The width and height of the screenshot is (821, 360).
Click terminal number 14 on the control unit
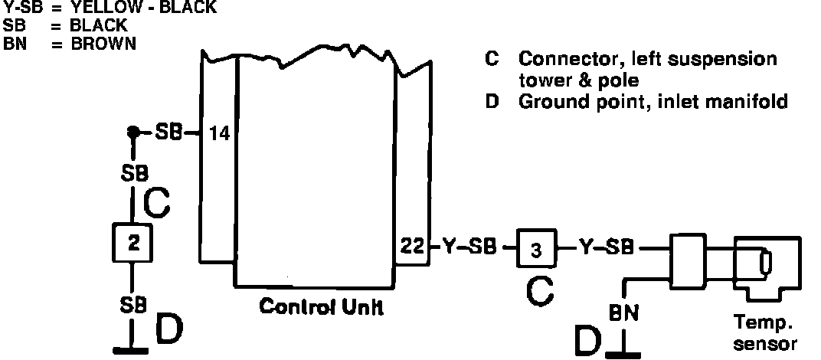[x=219, y=134]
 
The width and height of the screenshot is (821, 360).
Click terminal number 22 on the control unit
[x=410, y=247]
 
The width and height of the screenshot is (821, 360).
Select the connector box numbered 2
[x=134, y=244]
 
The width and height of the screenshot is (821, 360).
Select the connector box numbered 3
[x=536, y=249]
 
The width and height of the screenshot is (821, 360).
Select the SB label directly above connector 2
[x=135, y=174]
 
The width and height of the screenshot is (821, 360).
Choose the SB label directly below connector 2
[x=133, y=305]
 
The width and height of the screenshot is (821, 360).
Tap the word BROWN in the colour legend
[x=103, y=44]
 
